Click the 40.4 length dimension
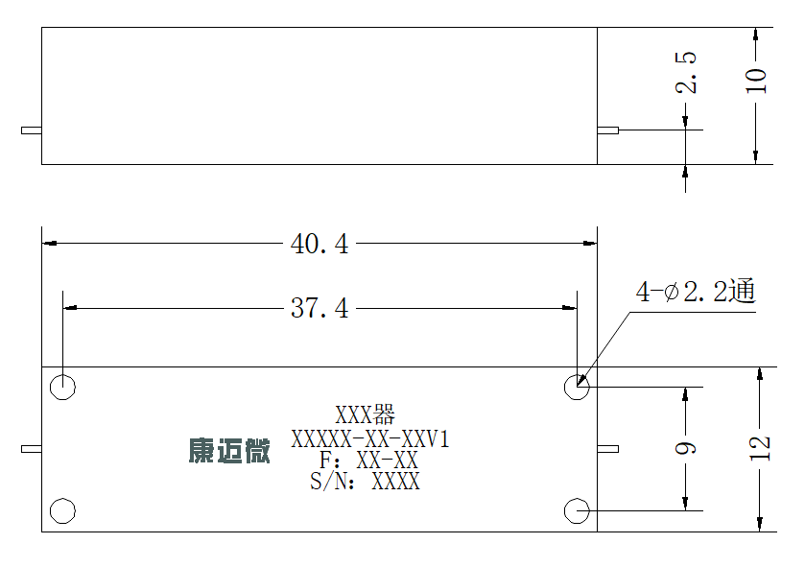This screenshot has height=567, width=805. (x=320, y=244)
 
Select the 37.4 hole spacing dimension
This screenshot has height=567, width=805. (x=320, y=308)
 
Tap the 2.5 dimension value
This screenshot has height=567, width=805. (x=686, y=72)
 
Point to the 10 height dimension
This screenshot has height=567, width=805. (x=756, y=81)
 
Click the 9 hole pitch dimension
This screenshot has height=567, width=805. (x=686, y=448)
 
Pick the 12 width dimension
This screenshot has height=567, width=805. (x=760, y=448)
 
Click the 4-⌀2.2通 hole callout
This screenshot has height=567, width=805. (x=696, y=292)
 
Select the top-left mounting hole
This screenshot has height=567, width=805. (x=62, y=387)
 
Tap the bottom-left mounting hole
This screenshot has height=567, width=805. (x=62, y=510)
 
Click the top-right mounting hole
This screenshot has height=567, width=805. (x=577, y=387)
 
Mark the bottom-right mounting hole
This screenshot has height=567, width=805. (x=577, y=510)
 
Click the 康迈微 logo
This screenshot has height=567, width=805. (x=229, y=451)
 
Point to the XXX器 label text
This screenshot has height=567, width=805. (x=365, y=414)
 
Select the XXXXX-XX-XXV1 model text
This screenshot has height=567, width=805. (x=370, y=439)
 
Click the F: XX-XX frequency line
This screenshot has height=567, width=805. (x=368, y=461)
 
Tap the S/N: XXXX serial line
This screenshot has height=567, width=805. (x=365, y=482)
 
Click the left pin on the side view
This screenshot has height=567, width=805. (x=32, y=130)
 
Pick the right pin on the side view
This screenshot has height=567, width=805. (x=608, y=130)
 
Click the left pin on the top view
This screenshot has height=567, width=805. (x=32, y=449)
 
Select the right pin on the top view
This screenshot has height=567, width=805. (x=608, y=449)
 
